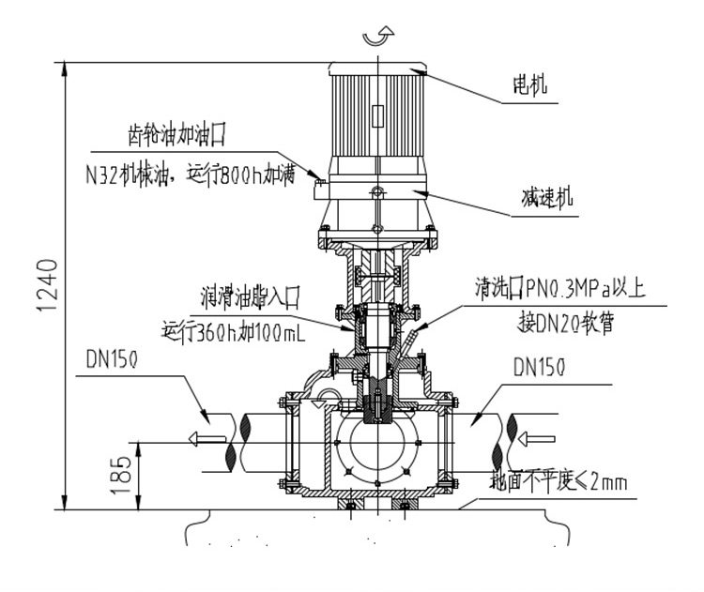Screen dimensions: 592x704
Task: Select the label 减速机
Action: coord(547,200)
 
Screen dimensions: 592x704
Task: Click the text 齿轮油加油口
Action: coord(177,136)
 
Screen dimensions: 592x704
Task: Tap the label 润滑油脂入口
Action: coord(249,299)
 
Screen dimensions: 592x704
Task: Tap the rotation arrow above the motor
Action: coord(375,37)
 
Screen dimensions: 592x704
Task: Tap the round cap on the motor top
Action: coord(376,67)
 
